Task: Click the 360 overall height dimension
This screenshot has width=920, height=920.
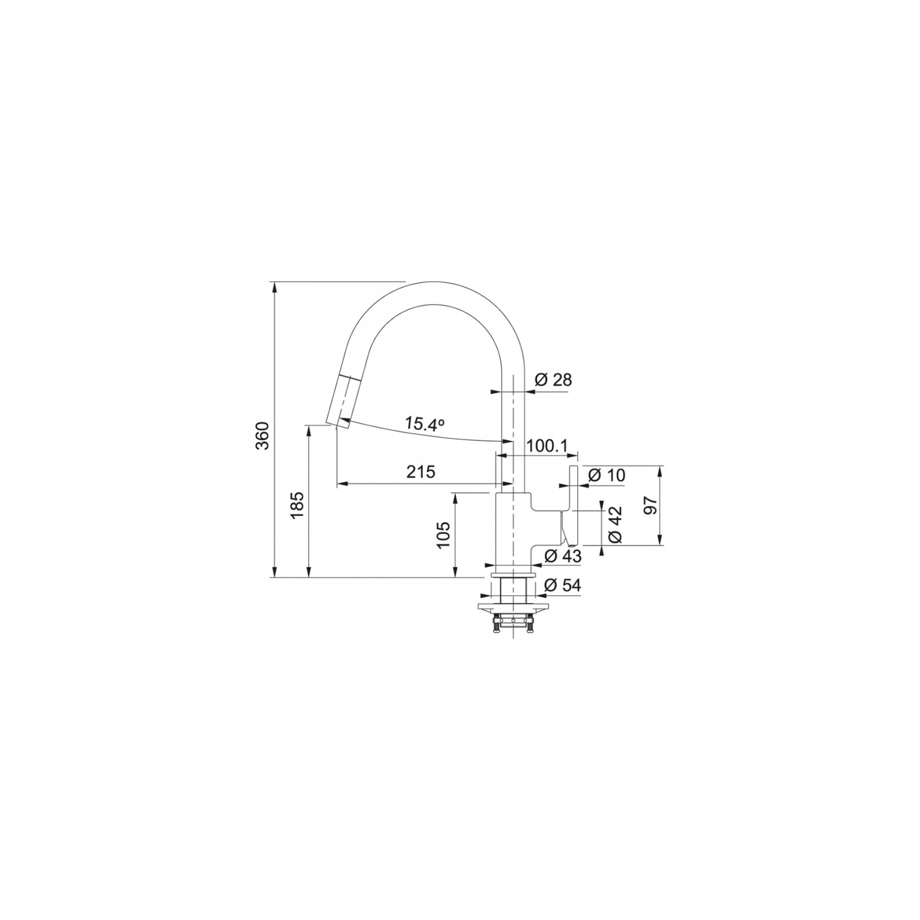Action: [x=264, y=435]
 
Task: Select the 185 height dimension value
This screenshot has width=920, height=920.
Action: [x=297, y=505]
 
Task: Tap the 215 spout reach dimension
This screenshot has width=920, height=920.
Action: [x=421, y=472]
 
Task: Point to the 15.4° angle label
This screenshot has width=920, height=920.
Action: [x=424, y=424]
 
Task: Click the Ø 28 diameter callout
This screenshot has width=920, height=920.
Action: [x=554, y=380]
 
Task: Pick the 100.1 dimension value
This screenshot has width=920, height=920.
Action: [x=547, y=446]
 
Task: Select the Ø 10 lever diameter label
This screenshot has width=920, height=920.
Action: [x=607, y=475]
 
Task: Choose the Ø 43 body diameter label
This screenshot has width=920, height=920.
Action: [x=563, y=556]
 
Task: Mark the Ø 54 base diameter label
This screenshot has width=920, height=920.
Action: [x=563, y=585]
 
